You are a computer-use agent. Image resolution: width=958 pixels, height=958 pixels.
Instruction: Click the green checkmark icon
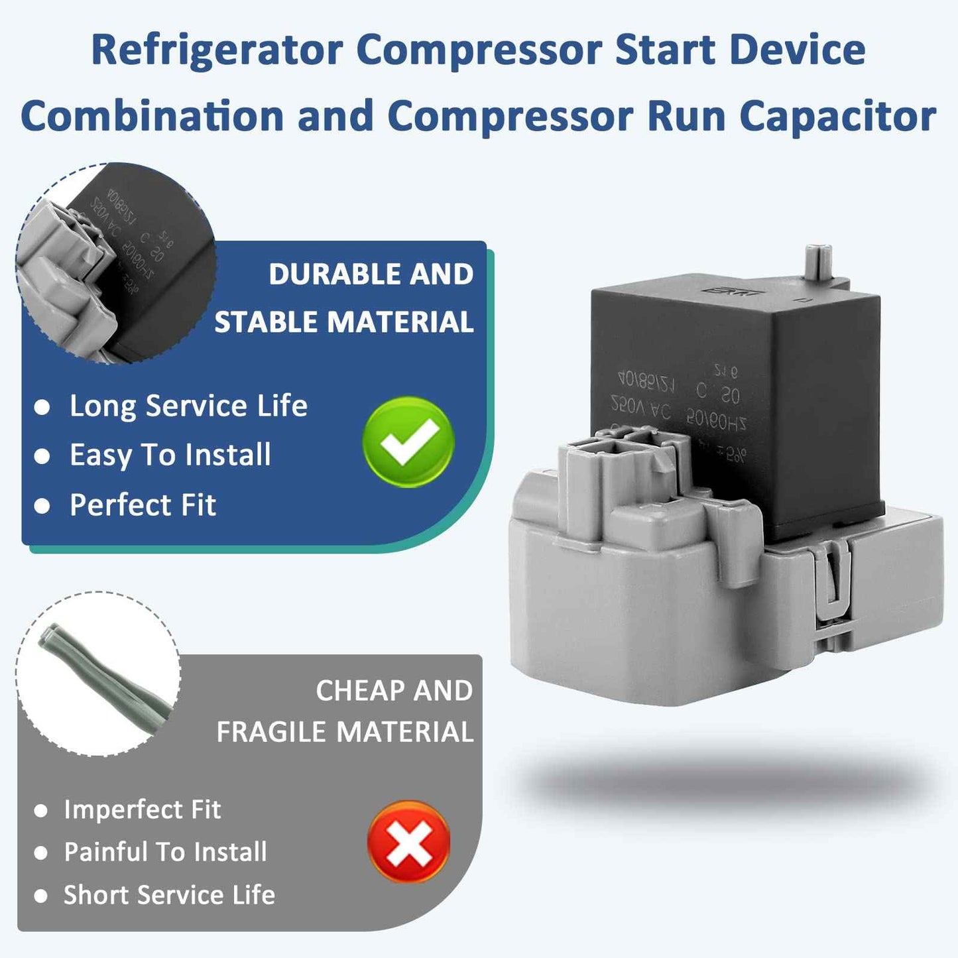tap(408, 442)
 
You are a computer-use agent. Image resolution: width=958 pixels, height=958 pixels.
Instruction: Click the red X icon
tap(408, 842)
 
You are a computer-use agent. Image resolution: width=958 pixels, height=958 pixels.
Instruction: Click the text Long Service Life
tap(188, 406)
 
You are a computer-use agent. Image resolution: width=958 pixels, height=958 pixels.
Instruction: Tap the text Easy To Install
tap(170, 455)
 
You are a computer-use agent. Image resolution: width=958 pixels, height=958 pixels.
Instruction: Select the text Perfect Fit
tap(143, 505)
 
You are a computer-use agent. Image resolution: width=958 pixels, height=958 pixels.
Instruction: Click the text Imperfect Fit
tap(142, 809)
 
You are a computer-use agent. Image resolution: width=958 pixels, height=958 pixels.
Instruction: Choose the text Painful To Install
tap(165, 852)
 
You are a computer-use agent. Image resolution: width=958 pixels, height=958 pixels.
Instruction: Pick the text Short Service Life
tap(169, 895)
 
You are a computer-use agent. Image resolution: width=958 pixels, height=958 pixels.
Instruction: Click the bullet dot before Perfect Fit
tap(42, 507)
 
